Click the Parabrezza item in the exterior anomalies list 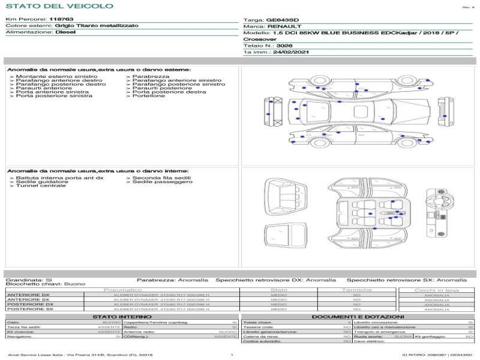tap(151, 77)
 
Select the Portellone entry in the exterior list tap(148, 96)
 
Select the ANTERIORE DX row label tap(28, 295)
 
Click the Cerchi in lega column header tap(436, 290)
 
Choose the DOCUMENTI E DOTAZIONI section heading tap(358, 316)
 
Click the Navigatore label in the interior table tap(19, 337)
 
